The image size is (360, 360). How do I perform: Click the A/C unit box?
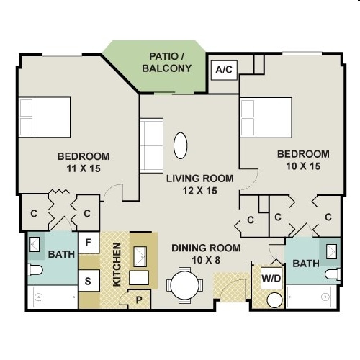tap(224, 70)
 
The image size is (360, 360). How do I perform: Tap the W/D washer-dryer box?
tap(271, 278)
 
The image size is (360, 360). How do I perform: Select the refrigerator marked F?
tap(89, 243)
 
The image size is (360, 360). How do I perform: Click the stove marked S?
tap(89, 281)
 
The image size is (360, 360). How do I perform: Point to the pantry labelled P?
tap(139, 300)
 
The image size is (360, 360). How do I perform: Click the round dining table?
tap(185, 286)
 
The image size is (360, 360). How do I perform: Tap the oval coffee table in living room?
tap(180, 145)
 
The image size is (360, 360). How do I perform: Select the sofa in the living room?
tap(151, 145)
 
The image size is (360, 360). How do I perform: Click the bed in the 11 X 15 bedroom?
tap(45, 117)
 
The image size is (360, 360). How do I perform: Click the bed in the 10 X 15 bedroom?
tap(266, 117)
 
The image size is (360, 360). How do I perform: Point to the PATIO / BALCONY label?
tap(166, 63)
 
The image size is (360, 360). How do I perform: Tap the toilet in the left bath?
tap(35, 270)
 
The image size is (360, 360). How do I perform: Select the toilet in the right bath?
tap(333, 274)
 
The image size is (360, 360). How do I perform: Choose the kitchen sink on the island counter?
tap(140, 256)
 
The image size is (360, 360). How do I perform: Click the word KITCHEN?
tap(117, 264)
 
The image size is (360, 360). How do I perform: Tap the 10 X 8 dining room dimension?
tap(206, 260)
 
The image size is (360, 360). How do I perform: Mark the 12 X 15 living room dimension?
tap(200, 191)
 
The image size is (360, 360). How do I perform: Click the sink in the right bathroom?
tap(332, 251)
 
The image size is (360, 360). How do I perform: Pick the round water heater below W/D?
tap(274, 300)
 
